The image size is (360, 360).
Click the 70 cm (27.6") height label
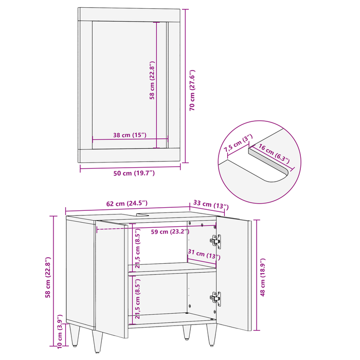pyautogui.click(x=193, y=91)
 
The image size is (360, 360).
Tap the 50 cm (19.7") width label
pyautogui.click(x=134, y=173)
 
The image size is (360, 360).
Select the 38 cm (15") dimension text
pyautogui.click(x=130, y=135)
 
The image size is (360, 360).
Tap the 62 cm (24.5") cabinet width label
pyautogui.click(x=127, y=204)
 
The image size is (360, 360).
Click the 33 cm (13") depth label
pyautogui.click(x=210, y=205)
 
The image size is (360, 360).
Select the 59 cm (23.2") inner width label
pyautogui.click(x=170, y=231)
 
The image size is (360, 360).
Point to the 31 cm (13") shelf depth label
pyautogui.click(x=204, y=254)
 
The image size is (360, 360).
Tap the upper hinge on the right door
pyautogui.click(x=216, y=240)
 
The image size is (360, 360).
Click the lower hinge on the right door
pyautogui.click(x=216, y=297)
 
